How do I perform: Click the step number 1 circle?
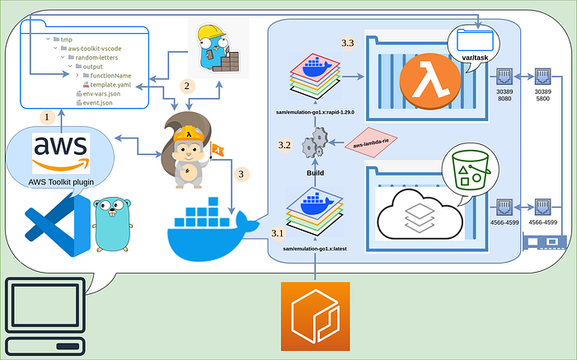tap(48, 118)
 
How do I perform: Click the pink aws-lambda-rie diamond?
tap(370, 143)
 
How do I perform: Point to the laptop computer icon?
tap(44, 316)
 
